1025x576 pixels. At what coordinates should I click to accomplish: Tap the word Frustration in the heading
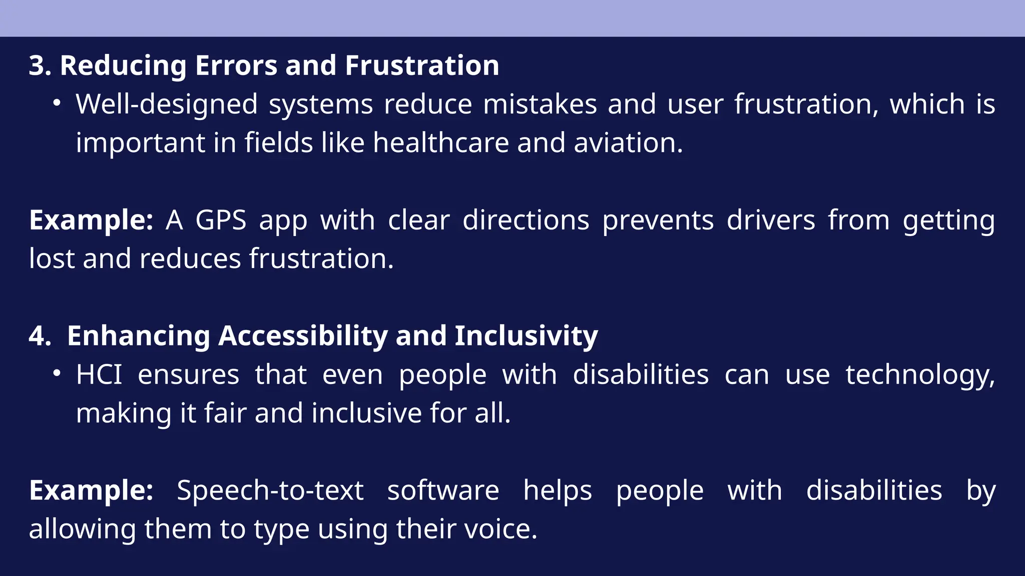point(422,65)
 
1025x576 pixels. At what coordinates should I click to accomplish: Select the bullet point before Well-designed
point(57,103)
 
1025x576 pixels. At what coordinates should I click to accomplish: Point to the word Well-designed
point(167,104)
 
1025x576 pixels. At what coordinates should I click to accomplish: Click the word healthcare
point(441,143)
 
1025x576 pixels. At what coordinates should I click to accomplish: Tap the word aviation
point(628,143)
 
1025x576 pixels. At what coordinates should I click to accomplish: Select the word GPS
point(221,220)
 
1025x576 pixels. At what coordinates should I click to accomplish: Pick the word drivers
point(771,220)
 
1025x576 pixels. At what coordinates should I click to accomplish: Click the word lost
point(52,259)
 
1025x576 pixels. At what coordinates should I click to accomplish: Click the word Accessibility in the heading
point(303,335)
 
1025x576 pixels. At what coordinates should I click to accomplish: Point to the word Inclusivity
point(526,335)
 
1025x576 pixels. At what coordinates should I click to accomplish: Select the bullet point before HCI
point(57,373)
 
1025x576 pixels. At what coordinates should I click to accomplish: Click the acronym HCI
point(99,374)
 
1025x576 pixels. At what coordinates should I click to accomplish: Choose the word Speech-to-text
point(270,490)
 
